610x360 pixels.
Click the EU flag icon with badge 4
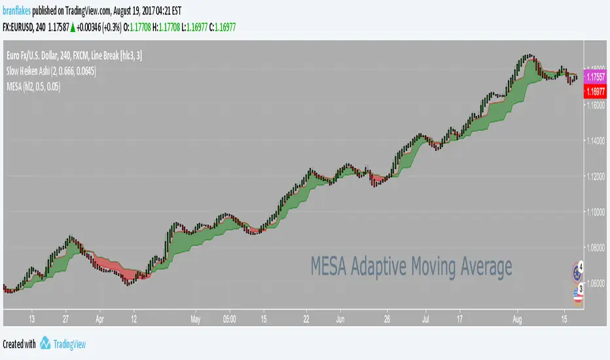click(577, 270)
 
